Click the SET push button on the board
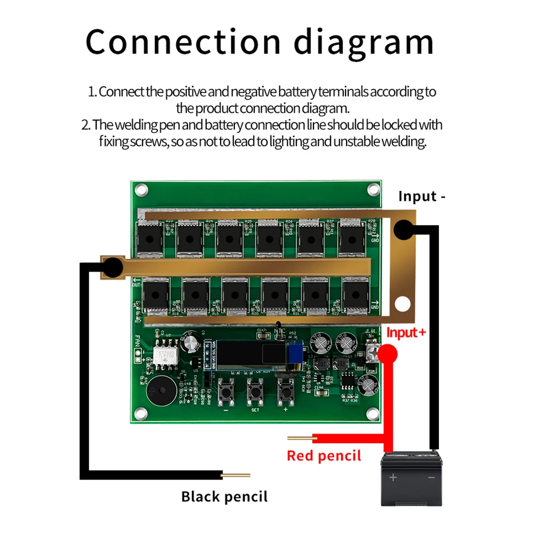coord(254,394)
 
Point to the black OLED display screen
coord(251,356)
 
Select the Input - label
coord(422,197)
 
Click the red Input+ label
coord(406,333)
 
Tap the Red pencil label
coord(324,456)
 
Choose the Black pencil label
coord(224,497)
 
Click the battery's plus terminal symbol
coord(393,477)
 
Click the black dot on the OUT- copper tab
coord(113,265)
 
